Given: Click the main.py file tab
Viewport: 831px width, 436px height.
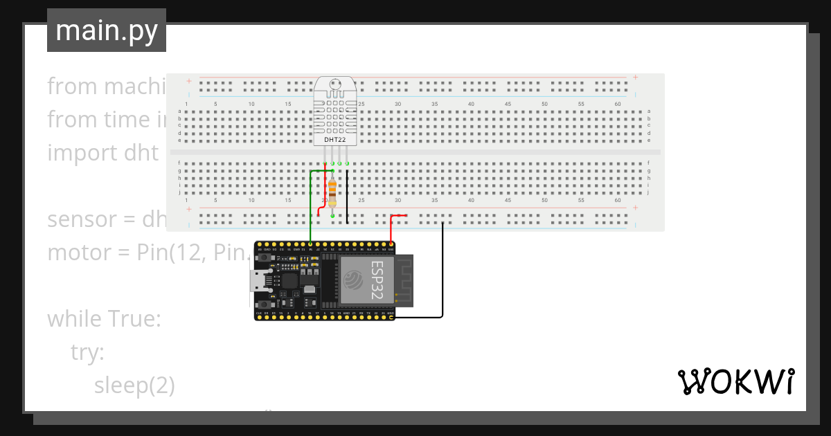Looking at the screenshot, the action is point(107,30).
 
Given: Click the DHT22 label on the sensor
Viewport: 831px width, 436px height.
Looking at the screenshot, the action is point(335,139).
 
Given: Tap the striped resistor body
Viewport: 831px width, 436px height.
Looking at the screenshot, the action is point(333,192).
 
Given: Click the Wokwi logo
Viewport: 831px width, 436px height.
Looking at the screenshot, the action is point(735,381).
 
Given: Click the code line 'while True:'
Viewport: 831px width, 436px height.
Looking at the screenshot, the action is point(104,319).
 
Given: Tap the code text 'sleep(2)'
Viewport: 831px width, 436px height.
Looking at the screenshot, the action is point(134,385).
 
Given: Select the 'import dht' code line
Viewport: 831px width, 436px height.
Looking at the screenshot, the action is point(103,153).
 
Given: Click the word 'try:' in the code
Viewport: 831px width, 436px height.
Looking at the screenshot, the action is point(87,352).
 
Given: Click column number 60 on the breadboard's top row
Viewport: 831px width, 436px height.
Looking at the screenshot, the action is point(618,104).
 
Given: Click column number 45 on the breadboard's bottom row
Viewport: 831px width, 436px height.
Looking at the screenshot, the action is point(508,200).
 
